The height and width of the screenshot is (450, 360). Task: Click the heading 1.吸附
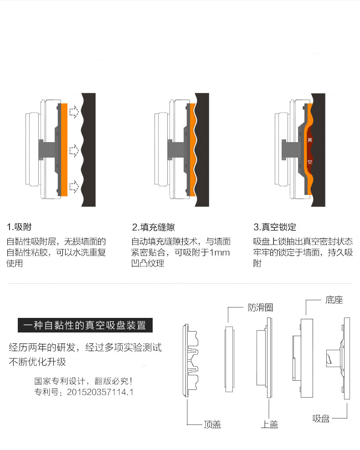coord(19,227)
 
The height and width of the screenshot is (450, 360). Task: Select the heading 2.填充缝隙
coord(153,227)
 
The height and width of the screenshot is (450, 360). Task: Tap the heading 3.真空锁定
coord(275,227)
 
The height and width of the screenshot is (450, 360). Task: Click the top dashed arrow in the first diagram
coord(73,111)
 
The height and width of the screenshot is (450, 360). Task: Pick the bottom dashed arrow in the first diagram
coord(73,185)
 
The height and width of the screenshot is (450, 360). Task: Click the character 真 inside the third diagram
coord(310,140)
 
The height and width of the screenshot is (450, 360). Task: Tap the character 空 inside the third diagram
coord(310,162)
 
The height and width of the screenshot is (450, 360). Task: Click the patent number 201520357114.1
coord(100,391)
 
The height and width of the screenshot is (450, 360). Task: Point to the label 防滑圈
coord(260,307)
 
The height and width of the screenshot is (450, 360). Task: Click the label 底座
coord(334,300)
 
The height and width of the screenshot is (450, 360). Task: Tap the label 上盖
coord(269,424)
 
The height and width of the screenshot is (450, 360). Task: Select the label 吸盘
coord(321,419)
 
